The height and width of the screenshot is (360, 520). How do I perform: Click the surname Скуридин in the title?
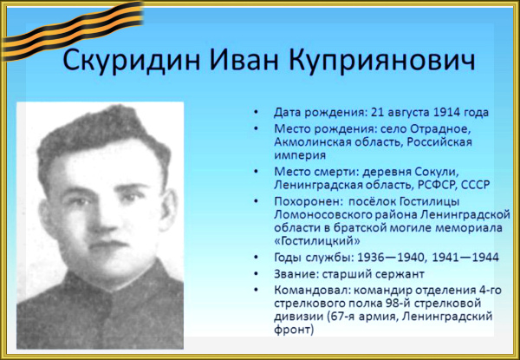132,61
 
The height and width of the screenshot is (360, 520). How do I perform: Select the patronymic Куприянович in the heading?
382,62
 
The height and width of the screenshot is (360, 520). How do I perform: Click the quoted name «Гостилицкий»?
317,241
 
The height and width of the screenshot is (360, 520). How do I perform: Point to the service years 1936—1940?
387,257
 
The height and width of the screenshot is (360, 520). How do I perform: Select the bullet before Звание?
256,274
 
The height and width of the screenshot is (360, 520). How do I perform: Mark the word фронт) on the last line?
294,331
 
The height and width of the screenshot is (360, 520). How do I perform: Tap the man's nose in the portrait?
103,219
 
